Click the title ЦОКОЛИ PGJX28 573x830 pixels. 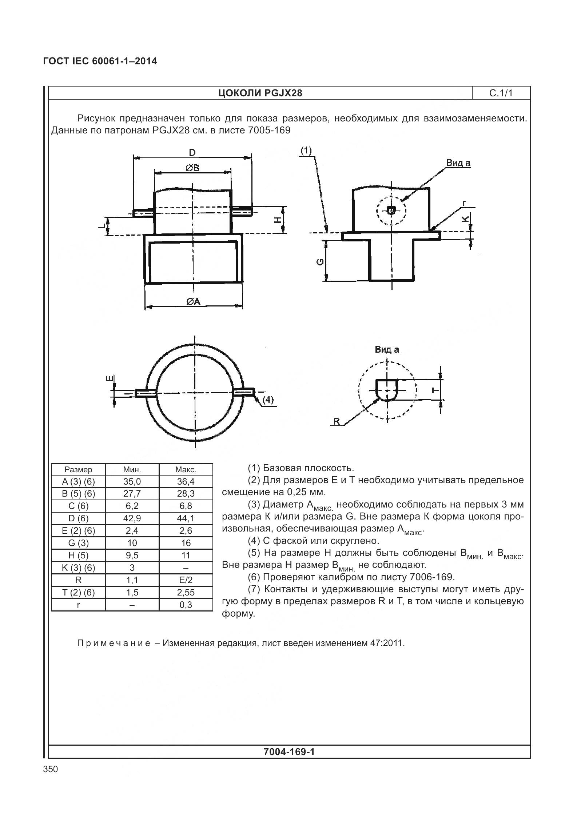tap(260, 93)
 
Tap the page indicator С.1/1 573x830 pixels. tap(501, 93)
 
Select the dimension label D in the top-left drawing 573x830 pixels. tap(192, 152)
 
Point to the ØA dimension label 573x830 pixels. tap(193, 301)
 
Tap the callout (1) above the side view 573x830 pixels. tap(306, 150)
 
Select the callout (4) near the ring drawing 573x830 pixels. tap(268, 400)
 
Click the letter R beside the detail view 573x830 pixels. tap(337, 421)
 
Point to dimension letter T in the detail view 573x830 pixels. tap(435, 390)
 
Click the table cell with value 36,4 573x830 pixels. tap(186, 482)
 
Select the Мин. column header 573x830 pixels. tap(132, 469)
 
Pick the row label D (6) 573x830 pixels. tap(78, 518)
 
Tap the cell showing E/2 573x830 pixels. tap(186, 580)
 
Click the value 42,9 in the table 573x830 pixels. tap(132, 518)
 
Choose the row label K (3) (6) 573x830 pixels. tap(78, 568)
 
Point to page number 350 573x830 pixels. tap(51, 769)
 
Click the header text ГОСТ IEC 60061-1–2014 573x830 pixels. tap(100, 61)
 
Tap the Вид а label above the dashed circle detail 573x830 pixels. tap(387, 349)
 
